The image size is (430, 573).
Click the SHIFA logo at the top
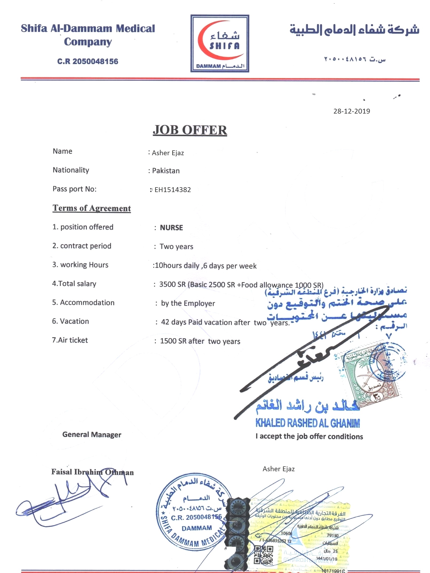[x=219, y=43]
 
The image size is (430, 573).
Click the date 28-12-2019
[x=351, y=111]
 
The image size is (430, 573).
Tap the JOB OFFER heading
[x=190, y=130]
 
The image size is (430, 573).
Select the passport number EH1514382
[x=172, y=190]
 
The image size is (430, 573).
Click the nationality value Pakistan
[x=166, y=171]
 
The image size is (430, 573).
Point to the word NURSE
[x=171, y=228]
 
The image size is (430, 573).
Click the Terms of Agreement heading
[x=92, y=208]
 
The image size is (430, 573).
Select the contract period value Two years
[x=176, y=246]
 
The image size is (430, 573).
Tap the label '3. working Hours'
[x=80, y=265]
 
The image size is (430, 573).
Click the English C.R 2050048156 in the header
[x=88, y=61]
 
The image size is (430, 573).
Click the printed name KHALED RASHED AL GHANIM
[x=307, y=423]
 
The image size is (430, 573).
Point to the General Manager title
[x=92, y=435]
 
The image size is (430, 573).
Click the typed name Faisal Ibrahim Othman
[x=92, y=472]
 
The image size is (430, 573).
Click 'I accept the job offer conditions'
[x=309, y=436]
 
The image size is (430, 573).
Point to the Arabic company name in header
[x=354, y=30]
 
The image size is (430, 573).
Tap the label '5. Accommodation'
[x=83, y=302]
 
